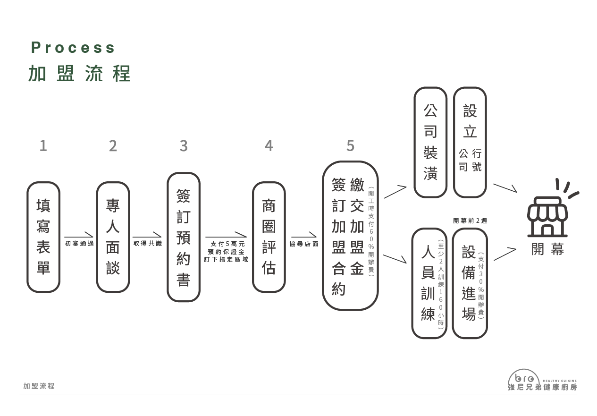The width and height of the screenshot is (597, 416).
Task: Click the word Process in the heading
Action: pos(73,48)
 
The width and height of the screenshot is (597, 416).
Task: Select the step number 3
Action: pos(184,146)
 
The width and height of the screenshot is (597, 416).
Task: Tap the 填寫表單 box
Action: pos(43,237)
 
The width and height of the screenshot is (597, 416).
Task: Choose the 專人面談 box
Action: pos(113,237)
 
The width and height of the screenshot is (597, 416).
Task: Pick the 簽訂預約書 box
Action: pos(184,237)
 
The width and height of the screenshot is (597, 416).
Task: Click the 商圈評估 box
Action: pos(269,237)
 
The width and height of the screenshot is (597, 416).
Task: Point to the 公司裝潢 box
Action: pos(430,142)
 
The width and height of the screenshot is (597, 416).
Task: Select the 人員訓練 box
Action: pos(429,283)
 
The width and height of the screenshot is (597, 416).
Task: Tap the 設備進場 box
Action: pos(470,283)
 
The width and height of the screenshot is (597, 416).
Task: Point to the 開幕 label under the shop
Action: pos(548,249)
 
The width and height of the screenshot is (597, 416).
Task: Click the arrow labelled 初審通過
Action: pos(79,235)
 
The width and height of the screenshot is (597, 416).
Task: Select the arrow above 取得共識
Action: pos(147,235)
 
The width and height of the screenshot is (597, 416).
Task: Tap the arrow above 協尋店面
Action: pos(304,235)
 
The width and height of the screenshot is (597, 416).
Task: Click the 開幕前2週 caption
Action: pos(470,221)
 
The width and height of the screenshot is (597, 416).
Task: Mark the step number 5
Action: pos(350,146)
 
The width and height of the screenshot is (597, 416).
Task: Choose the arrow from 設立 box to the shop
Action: pos(505,188)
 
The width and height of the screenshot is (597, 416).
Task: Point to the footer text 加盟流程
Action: pos(39,386)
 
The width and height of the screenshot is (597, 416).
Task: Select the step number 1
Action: pos(43,146)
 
